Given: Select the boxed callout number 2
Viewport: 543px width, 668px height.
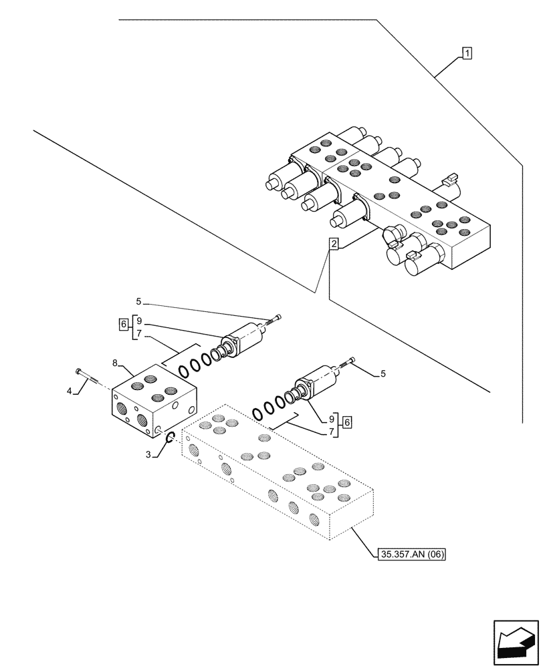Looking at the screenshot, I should [x=333, y=244].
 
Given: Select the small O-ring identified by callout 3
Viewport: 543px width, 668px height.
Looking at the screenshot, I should [x=170, y=438].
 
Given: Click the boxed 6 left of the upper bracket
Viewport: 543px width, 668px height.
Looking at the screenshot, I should [x=123, y=324].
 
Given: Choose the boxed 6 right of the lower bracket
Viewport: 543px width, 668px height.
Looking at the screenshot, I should [x=347, y=422].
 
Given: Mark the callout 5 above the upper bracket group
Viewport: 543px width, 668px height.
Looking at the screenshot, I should [x=138, y=301].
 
